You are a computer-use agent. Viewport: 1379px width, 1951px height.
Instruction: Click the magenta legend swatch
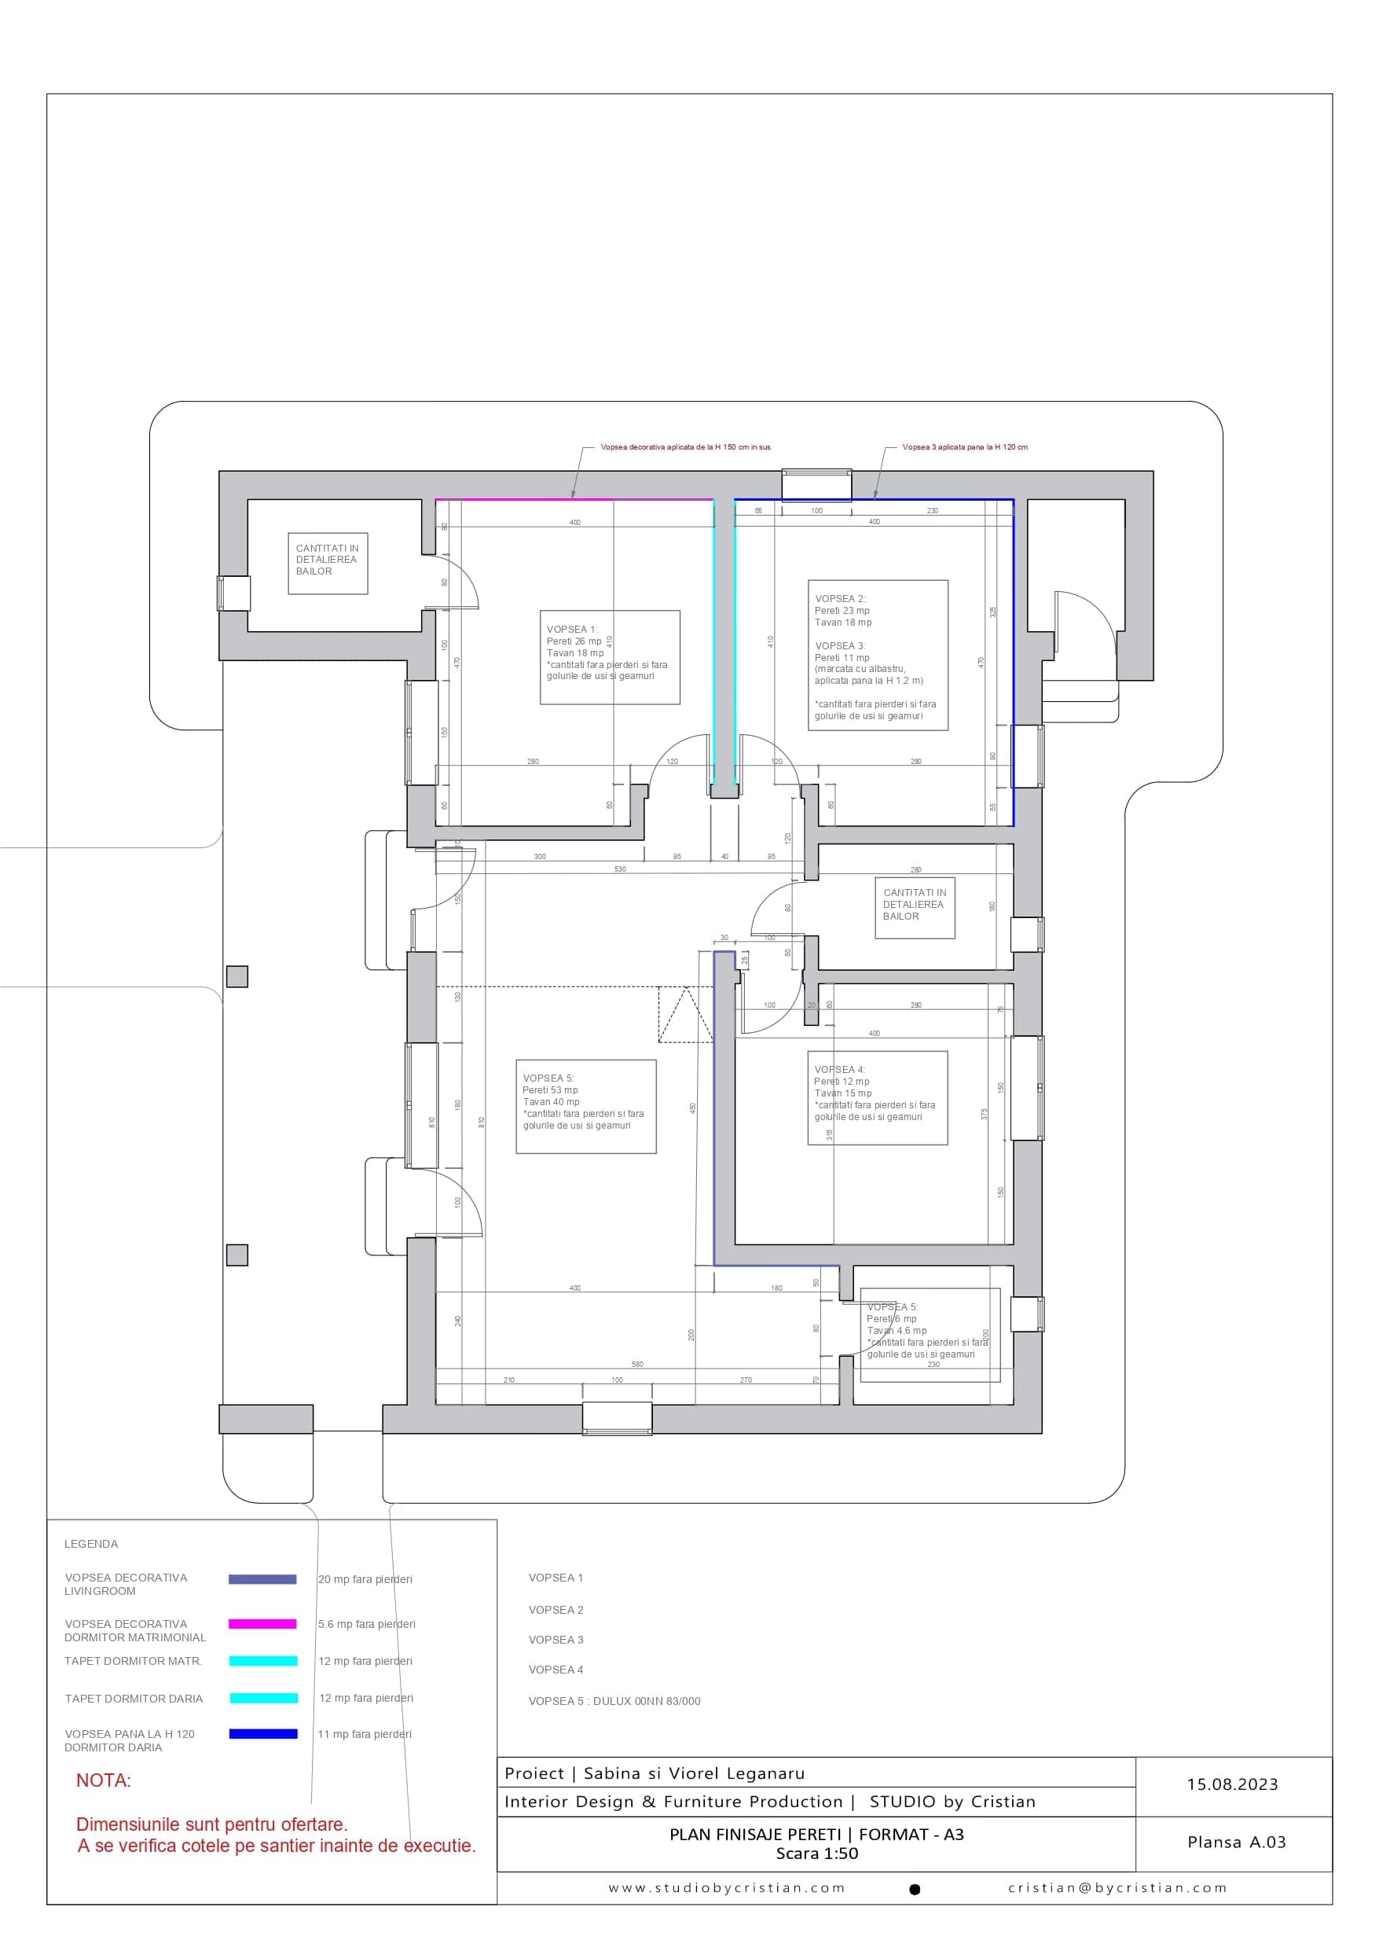tap(262, 1624)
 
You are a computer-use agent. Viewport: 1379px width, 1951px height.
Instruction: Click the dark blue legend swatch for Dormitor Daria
tap(262, 1733)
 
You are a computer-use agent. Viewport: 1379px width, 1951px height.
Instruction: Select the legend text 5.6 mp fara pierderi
tap(366, 1624)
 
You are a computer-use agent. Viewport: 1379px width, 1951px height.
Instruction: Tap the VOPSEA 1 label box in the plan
tap(609, 657)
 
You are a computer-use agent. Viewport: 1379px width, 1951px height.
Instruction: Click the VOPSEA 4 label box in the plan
tap(877, 1098)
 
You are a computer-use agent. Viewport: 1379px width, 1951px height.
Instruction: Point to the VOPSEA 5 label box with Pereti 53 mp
tap(585, 1106)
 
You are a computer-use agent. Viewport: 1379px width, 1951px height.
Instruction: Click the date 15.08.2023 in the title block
tap(1232, 1784)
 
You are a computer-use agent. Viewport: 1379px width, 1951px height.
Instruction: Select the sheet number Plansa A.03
tap(1236, 1843)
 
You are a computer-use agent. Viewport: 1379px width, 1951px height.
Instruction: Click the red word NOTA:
tap(104, 1780)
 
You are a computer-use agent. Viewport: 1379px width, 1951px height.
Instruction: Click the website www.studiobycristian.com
tap(727, 1888)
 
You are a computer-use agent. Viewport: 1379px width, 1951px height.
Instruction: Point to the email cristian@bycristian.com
tap(1117, 1888)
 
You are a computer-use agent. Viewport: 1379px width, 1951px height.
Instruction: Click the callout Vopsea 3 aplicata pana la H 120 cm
tap(964, 447)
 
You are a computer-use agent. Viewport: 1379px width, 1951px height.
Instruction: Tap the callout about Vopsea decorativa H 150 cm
tap(685, 447)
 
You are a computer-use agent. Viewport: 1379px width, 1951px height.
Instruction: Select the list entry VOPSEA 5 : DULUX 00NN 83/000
tap(614, 1701)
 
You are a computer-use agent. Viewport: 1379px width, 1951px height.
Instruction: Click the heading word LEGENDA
tap(91, 1544)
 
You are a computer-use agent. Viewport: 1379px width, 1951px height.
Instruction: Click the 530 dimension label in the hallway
tap(619, 869)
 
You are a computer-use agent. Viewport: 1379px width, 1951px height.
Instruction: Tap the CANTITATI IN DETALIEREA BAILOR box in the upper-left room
tap(327, 563)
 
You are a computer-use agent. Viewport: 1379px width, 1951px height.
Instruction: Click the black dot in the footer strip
tap(915, 1890)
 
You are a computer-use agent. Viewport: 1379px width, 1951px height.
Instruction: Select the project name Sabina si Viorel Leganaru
tap(693, 1773)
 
